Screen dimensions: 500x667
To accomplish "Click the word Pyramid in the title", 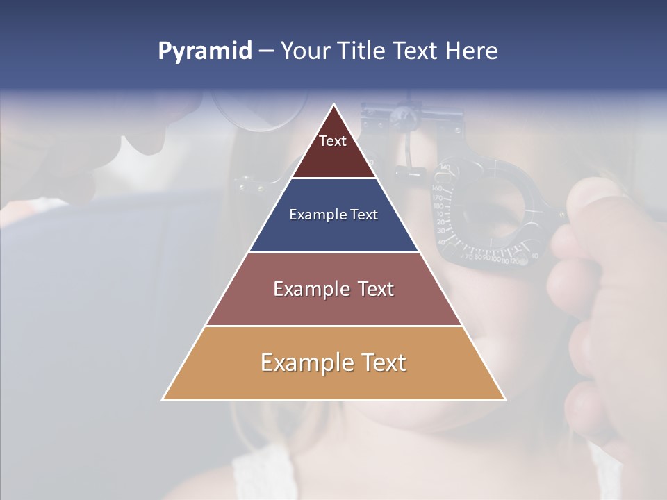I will [x=205, y=51].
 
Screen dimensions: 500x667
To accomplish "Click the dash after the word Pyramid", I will [x=266, y=51].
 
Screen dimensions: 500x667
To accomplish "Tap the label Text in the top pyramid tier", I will [x=333, y=141].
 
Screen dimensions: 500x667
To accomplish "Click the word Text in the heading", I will [x=420, y=51].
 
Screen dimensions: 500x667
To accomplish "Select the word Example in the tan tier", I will [x=306, y=363].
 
